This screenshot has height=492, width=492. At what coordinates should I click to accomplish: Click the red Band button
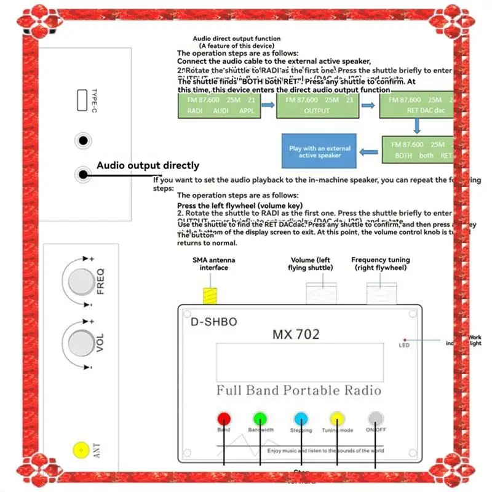coord(223,418)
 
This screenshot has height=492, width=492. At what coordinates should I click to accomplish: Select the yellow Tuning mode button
coord(338,419)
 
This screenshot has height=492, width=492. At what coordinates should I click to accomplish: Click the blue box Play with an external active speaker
coord(320,152)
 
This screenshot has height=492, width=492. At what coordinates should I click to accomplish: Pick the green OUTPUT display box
coord(316,105)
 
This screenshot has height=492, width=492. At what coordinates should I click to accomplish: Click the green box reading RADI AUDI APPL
coord(217,105)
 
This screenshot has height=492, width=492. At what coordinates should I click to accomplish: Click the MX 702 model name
coord(296,334)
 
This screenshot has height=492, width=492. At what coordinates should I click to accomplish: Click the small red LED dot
coord(405,339)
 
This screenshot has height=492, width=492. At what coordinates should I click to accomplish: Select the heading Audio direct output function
coord(237,39)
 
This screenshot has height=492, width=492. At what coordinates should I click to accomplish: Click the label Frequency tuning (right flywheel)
coord(380,263)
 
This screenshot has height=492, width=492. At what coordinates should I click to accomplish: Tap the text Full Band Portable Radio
coord(299,391)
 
